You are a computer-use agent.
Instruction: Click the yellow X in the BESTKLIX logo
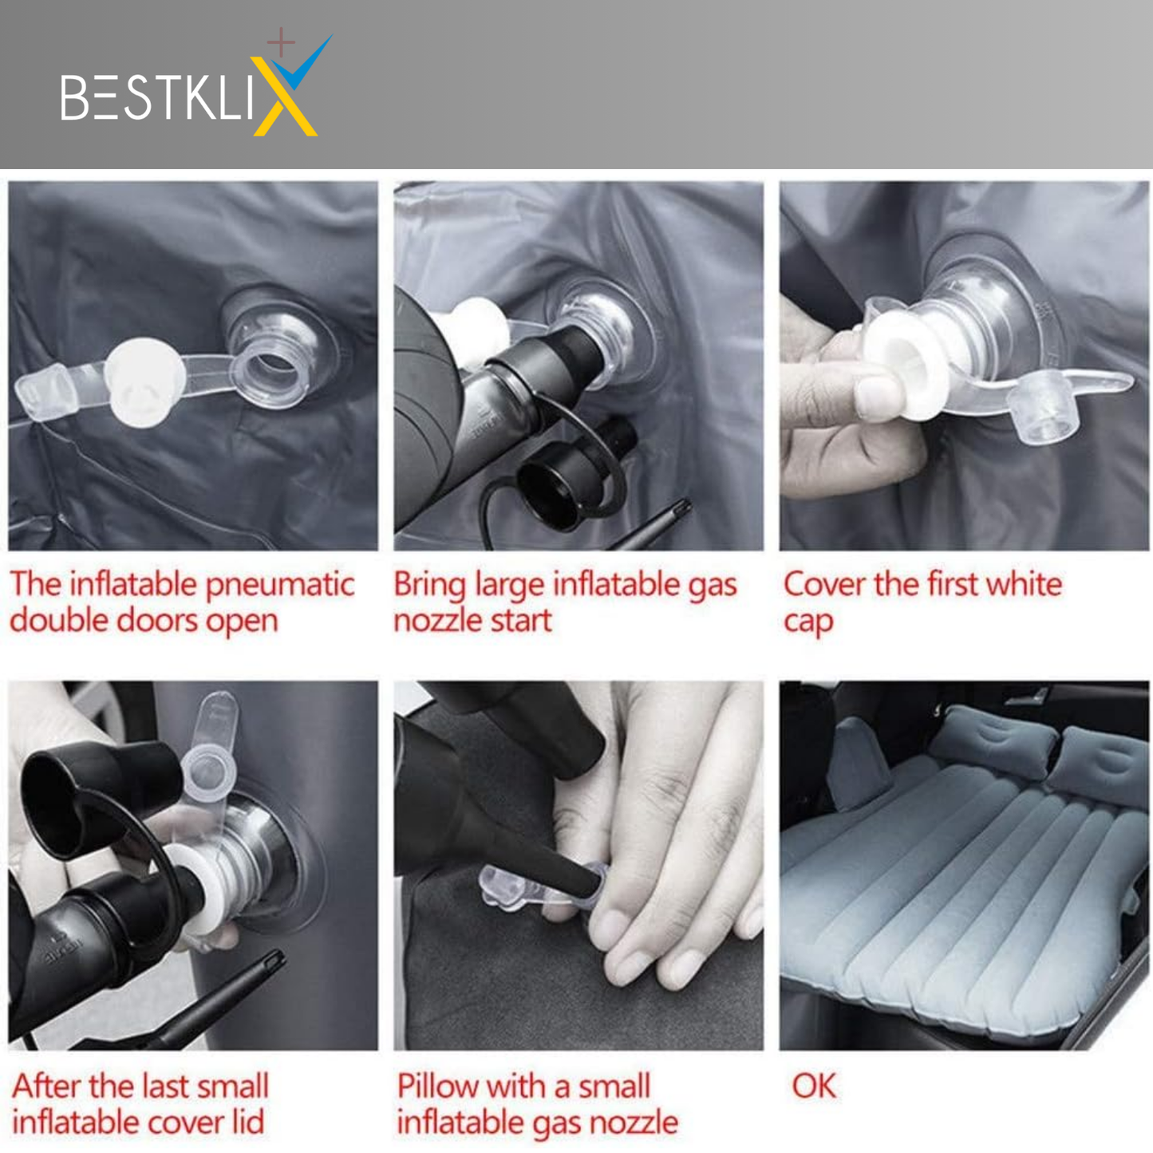[283, 97]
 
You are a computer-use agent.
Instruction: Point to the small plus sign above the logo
[281, 42]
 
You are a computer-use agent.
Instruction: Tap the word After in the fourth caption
[47, 1085]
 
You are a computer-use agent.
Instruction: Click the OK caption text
[814, 1085]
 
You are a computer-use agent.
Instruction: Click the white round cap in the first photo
[144, 383]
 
